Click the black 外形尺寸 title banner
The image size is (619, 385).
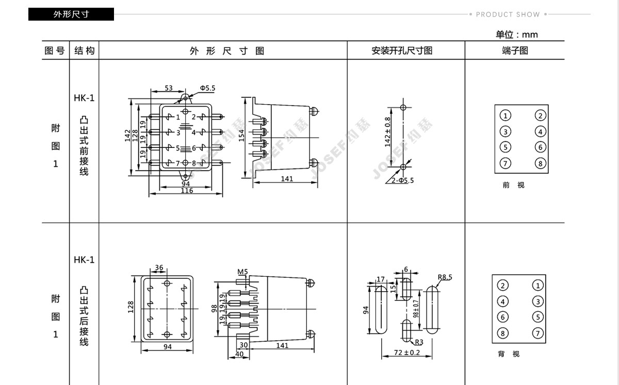coord(71,14)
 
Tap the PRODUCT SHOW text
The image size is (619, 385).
coord(508,14)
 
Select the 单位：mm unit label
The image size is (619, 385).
coord(516,35)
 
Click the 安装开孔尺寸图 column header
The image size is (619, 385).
coord(402,51)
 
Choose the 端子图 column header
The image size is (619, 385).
coord(515,51)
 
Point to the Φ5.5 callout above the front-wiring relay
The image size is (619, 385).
coord(207,88)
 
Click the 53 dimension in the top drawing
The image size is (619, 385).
coord(169,88)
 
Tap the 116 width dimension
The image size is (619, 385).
coord(187,191)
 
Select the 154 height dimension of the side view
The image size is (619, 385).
coord(241,136)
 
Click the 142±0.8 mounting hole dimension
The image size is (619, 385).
coord(388,132)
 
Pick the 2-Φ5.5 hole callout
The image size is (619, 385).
coord(403,180)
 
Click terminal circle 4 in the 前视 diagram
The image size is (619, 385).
coord(540,131)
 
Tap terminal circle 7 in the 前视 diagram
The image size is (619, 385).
coord(506,163)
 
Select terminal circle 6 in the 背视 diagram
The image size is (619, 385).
coord(502,317)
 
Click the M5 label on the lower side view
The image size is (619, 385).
coord(242,272)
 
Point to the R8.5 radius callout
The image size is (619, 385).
coord(445,277)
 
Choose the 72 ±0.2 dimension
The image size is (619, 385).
coord(407,353)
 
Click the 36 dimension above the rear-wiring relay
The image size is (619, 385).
coord(159,267)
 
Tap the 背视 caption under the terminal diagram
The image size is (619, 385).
coord(509,354)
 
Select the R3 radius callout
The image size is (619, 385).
coord(419,342)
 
